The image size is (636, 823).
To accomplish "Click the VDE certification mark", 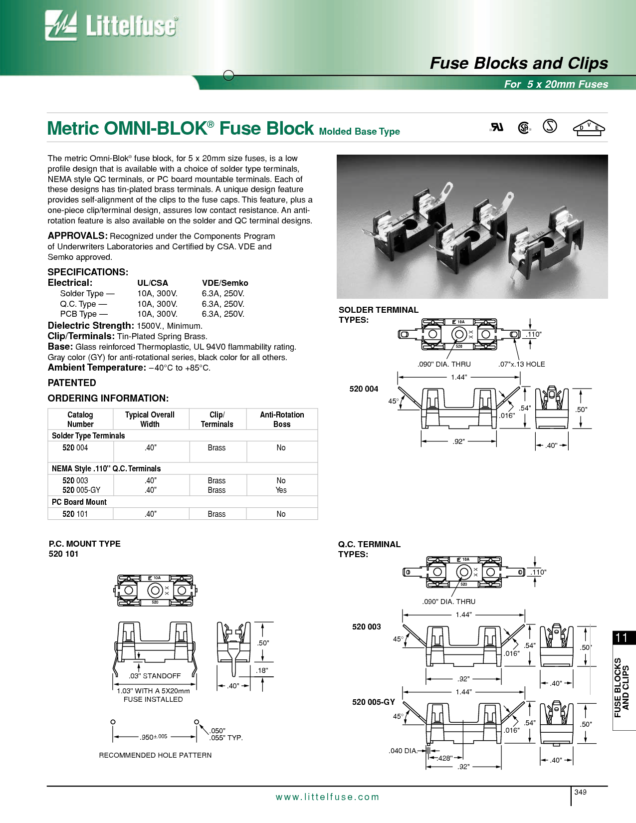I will tap(589, 128).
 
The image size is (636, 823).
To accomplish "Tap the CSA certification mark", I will tap(524, 128).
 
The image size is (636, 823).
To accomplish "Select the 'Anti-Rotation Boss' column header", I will tap(282, 419).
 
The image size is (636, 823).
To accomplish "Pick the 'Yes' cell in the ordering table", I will tap(281, 490).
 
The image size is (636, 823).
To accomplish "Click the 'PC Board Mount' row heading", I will tap(79, 502).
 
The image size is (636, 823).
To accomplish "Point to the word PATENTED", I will tap(72, 383).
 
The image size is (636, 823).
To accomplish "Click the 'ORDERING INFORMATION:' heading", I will tap(108, 398).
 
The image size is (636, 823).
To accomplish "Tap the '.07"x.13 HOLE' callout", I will tap(521, 364).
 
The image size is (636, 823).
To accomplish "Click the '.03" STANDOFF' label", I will tap(155, 676).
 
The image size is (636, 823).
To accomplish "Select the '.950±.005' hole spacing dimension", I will tap(154, 737).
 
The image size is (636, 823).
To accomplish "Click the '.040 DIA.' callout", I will tap(403, 751).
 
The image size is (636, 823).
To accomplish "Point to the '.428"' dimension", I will tap(445, 758).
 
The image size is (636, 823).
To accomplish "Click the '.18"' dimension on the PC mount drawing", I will tap(262, 670).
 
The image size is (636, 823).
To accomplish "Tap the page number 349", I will tap(580, 792).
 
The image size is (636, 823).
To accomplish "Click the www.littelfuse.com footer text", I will tap(327, 797).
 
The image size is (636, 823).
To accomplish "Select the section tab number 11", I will tap(622, 637).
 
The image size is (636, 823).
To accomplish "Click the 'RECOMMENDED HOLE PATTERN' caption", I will tap(155, 755).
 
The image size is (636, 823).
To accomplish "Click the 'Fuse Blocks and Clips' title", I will tap(519, 63).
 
